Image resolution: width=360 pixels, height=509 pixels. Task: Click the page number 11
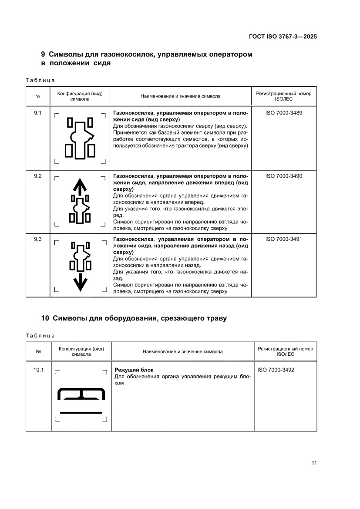point(314,463)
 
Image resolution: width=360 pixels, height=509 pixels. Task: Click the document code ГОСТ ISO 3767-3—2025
point(283,37)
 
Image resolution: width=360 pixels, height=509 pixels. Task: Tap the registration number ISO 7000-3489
point(283,113)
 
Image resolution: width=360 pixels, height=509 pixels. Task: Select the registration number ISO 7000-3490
point(283,176)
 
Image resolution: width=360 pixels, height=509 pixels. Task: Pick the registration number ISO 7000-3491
point(283,239)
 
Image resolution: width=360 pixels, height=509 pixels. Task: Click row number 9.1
point(37,113)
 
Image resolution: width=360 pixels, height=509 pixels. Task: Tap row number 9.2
point(37,176)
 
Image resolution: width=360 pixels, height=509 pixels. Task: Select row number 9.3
point(37,239)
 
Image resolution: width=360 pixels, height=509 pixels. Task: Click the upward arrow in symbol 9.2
point(80,186)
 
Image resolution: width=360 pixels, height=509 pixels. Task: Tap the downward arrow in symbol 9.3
point(80,283)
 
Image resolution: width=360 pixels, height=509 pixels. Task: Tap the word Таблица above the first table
point(40,80)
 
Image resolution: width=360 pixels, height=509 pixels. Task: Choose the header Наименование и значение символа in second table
point(182,351)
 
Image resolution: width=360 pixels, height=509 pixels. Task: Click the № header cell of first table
point(37,96)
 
